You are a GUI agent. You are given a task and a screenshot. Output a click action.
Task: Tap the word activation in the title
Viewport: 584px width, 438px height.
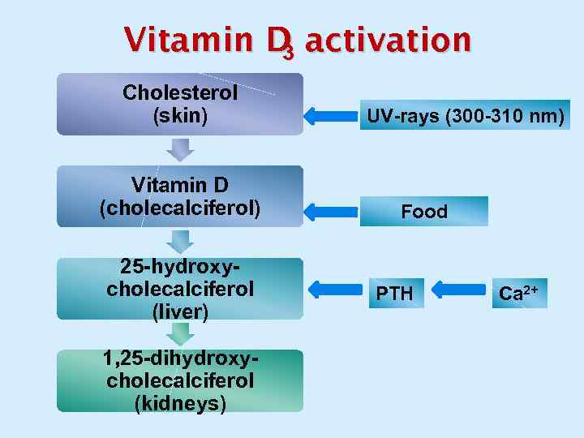pos(387,38)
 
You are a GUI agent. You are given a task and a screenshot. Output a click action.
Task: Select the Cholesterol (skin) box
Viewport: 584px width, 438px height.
pos(180,104)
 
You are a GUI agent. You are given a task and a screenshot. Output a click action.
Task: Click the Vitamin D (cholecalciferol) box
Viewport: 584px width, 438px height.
pos(180,196)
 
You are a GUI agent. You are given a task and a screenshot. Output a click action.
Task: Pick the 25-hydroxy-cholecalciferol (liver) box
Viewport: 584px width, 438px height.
pos(180,289)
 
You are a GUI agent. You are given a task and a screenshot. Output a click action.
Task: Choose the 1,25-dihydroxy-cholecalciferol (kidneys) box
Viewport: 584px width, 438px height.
pos(180,380)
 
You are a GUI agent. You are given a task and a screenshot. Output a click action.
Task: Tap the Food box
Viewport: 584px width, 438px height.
pos(424,212)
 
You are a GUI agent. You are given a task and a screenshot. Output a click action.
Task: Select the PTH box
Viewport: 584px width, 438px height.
pos(395,293)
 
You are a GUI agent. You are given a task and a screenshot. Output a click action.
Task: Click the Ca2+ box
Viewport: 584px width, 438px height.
pos(518,293)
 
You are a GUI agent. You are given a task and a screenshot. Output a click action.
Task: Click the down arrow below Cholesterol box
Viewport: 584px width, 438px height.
pos(180,149)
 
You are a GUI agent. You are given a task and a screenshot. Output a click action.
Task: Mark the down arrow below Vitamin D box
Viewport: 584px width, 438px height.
pos(180,241)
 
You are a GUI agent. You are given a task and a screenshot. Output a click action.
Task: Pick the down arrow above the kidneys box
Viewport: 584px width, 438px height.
pos(180,333)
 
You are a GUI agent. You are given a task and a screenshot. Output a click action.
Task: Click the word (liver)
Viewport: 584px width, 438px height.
pos(180,311)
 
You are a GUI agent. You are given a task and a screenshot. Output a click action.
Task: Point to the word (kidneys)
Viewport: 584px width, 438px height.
pos(180,402)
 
